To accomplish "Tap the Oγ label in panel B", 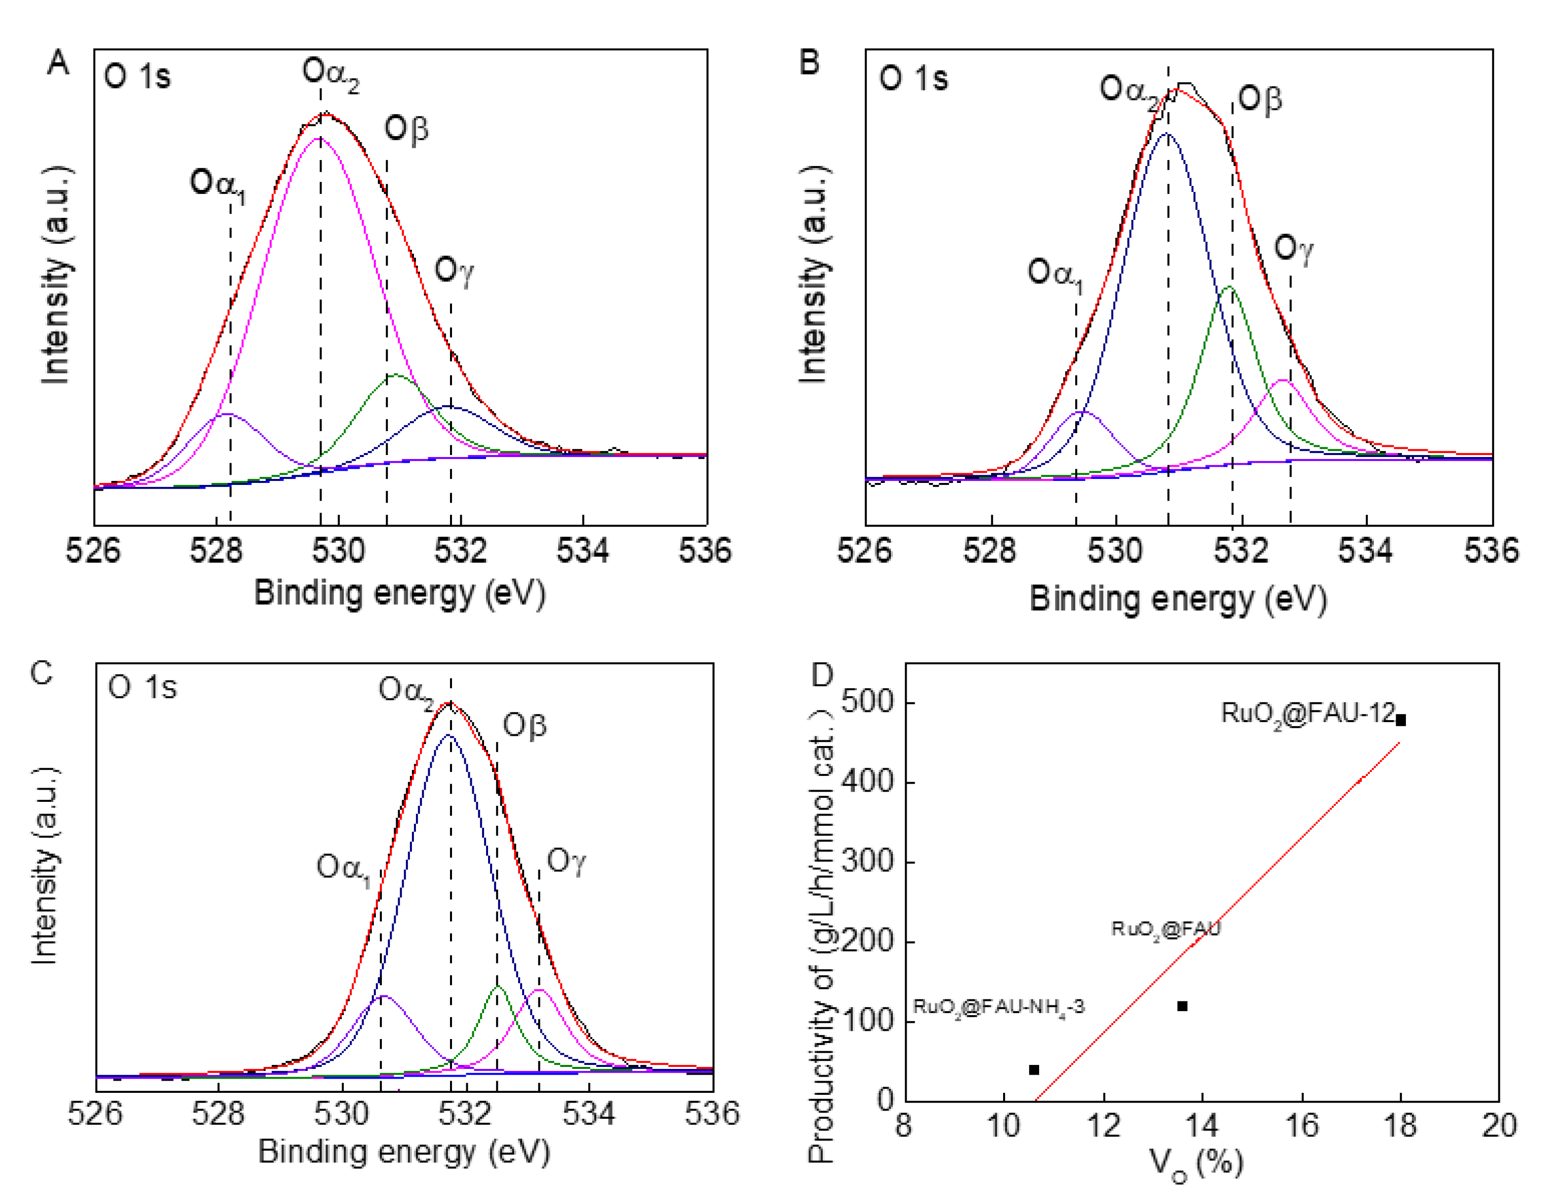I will [x=1293, y=249].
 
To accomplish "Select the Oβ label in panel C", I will [x=525, y=726].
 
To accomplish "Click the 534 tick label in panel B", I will [x=1365, y=550].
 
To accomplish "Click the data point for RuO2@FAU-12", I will [x=1400, y=720].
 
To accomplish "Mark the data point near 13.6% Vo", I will [x=1182, y=1006].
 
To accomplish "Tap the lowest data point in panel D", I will [x=1034, y=1069].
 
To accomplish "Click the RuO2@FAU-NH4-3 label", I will [x=998, y=1007].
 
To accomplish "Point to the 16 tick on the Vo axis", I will [x=1301, y=1125].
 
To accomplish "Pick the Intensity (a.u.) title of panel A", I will [x=56, y=276].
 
